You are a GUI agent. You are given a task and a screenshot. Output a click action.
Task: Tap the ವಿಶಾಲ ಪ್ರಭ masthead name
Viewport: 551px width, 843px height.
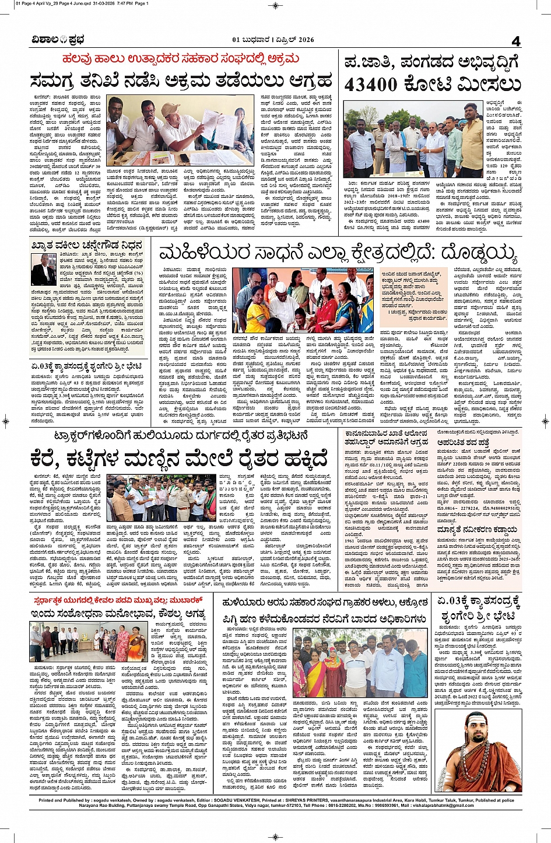coord(58,40)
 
